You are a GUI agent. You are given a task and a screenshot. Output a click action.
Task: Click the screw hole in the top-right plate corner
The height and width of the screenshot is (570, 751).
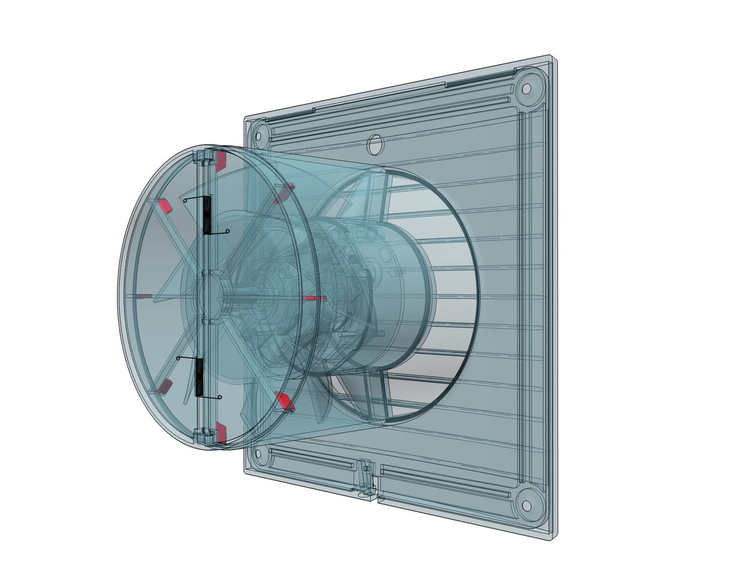tap(526, 88)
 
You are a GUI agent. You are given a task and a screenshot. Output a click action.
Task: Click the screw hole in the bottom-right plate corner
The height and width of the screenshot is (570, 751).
tap(526, 505)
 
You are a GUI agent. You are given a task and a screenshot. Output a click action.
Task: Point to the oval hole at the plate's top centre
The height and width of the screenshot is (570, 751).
tap(374, 145)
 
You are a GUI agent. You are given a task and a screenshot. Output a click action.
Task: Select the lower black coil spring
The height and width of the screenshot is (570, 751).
tap(200, 378)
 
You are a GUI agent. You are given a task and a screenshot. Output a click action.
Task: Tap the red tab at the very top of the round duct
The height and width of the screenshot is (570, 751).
tap(221, 161)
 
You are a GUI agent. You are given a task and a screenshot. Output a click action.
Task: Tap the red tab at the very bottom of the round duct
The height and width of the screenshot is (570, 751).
tap(221, 433)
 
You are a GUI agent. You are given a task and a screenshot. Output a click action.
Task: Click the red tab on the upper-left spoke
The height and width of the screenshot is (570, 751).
tap(165, 206)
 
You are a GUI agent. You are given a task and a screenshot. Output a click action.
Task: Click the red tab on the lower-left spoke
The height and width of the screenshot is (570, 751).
tap(165, 387)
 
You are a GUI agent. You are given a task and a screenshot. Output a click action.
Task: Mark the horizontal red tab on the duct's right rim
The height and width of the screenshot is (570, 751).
tap(315, 298)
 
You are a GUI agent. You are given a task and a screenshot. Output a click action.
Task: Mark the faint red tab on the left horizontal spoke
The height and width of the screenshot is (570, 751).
tap(144, 296)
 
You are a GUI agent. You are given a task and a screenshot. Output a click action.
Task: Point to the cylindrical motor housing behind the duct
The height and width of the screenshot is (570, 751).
tap(396, 297)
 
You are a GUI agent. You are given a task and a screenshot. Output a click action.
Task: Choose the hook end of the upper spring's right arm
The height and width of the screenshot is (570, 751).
tap(228, 232)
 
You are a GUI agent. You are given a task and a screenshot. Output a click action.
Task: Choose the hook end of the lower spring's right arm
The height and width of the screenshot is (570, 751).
tap(221, 398)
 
